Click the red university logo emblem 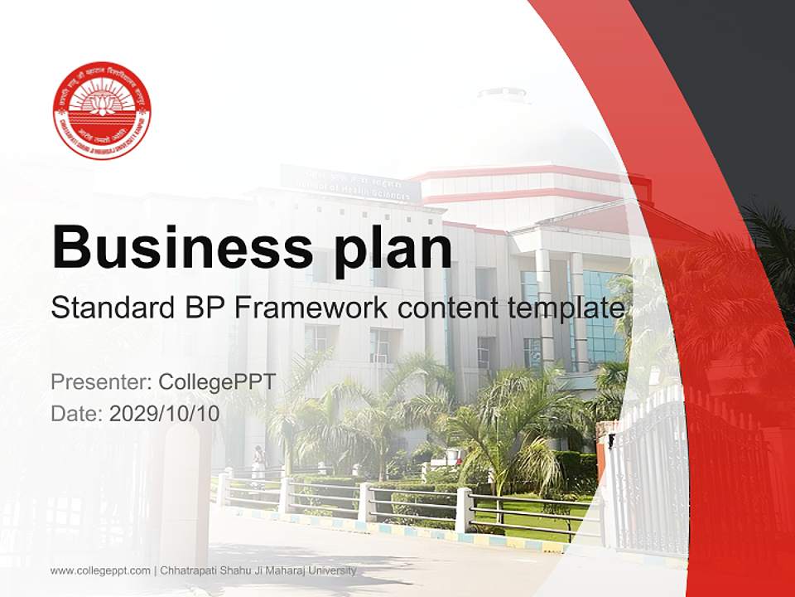(x=102, y=110)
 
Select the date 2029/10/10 (x=165, y=414)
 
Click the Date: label (x=77, y=414)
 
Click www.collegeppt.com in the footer (x=99, y=570)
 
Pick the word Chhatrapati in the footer (x=186, y=570)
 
